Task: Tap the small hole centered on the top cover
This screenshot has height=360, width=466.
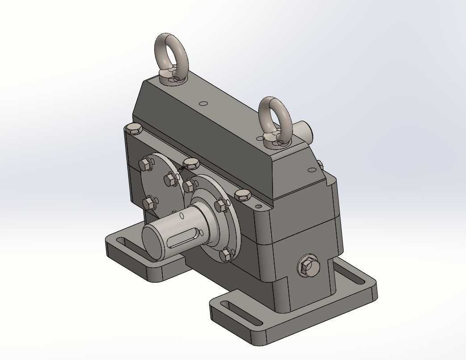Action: (x=204, y=104)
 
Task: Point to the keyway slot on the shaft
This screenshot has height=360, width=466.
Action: (x=184, y=238)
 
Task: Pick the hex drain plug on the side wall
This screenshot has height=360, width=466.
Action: (x=308, y=267)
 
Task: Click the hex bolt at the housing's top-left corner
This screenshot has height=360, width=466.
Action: (x=134, y=130)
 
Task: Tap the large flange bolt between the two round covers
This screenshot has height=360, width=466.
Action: (x=190, y=163)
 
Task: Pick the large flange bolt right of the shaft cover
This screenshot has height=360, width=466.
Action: (x=242, y=195)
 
